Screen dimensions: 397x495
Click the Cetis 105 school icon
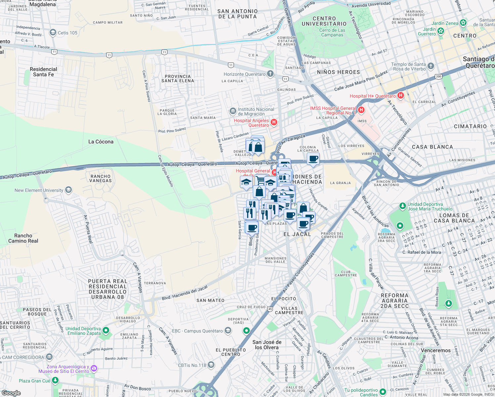(53, 32)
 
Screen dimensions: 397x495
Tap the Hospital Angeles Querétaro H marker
(274, 122)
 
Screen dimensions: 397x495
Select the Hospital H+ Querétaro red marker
(401, 96)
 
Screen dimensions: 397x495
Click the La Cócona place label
(101, 142)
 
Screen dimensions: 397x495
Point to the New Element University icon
(68, 190)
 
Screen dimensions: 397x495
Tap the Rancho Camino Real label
(23, 238)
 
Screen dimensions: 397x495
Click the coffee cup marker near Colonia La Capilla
(313, 159)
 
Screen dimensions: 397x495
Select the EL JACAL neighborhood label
(297, 234)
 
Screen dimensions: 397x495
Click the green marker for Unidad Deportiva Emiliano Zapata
(106, 330)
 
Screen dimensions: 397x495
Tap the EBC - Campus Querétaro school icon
(228, 331)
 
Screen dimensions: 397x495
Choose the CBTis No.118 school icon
(211, 365)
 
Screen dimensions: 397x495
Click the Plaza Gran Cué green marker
(55, 380)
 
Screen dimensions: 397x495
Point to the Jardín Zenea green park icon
(463, 23)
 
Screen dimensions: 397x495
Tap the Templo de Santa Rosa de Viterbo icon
(430, 66)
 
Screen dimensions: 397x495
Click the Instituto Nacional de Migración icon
(233, 110)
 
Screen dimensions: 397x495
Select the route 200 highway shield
(438, 76)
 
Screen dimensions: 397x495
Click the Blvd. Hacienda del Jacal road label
(184, 293)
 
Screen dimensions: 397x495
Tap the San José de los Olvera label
(267, 345)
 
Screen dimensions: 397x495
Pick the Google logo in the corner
(11, 393)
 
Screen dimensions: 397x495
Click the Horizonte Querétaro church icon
(270, 74)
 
